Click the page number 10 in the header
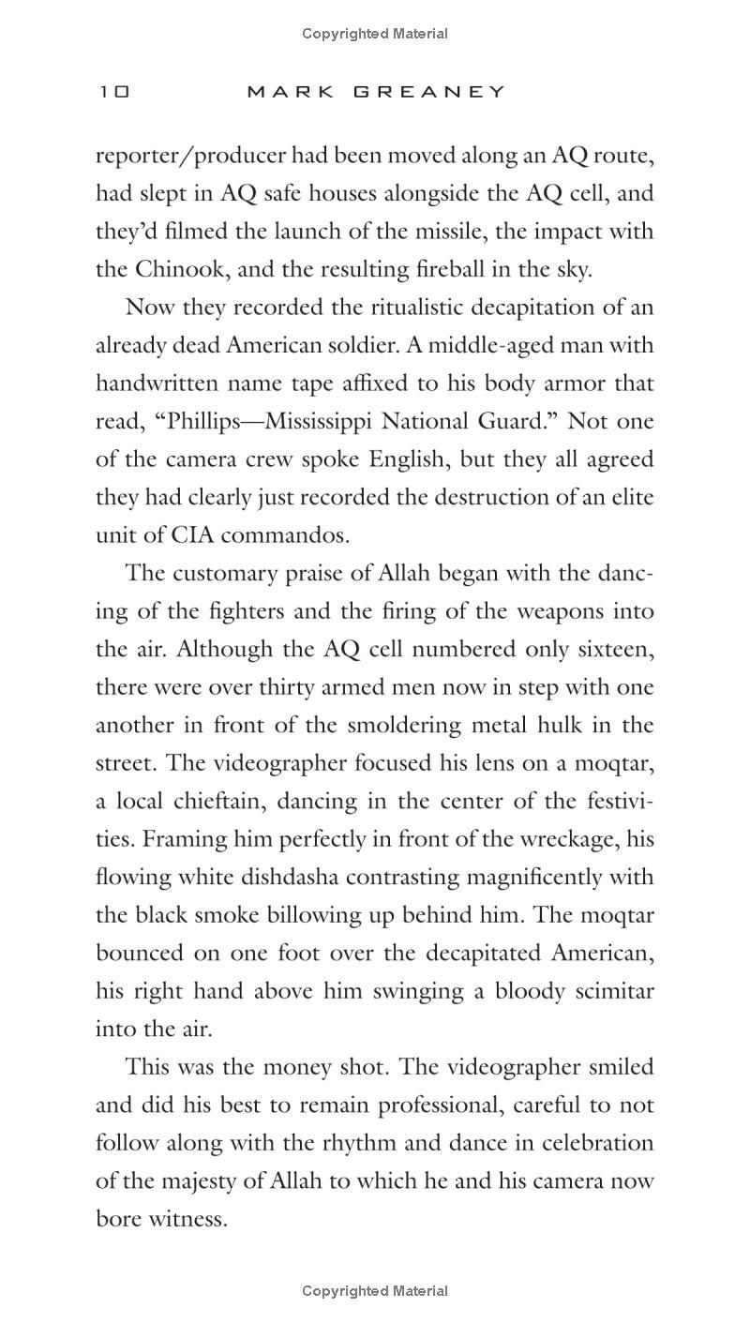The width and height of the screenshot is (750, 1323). pos(113,92)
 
